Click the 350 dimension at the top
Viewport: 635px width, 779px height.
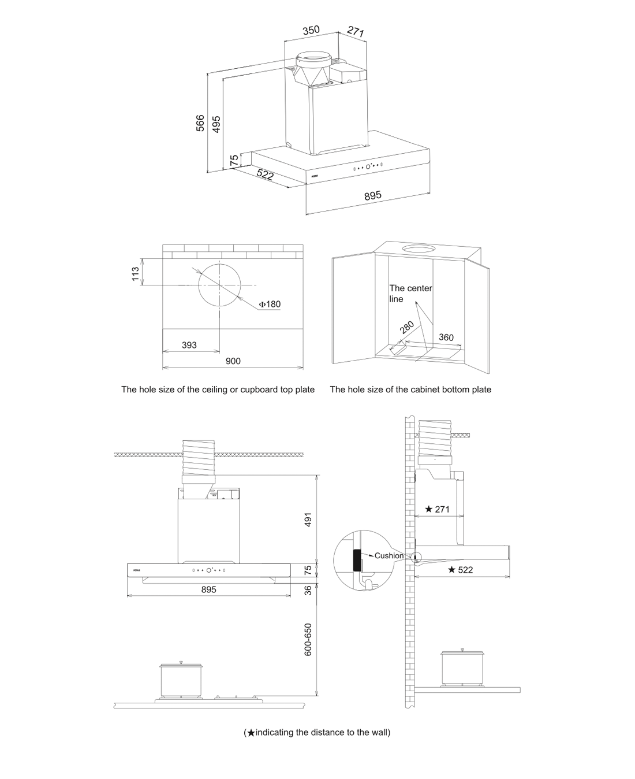pos(311,30)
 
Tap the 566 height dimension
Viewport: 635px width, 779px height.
pos(200,123)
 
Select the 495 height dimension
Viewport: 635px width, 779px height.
pos(216,124)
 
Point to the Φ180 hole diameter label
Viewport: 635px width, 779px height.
pos(270,304)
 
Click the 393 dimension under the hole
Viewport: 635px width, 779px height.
pos(189,345)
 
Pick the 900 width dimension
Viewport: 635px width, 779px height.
pos(233,361)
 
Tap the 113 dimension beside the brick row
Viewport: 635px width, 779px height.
pos(136,273)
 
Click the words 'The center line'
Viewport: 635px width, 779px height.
pos(410,293)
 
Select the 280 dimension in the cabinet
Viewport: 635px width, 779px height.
pos(408,328)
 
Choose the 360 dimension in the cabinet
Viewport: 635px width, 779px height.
pos(446,337)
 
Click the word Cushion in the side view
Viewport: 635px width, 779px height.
pos(389,555)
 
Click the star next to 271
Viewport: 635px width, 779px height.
pos(428,509)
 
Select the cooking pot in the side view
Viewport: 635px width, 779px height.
pos(462,668)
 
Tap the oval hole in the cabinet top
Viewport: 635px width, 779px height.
pos(421,249)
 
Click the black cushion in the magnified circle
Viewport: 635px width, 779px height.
pos(357,559)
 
